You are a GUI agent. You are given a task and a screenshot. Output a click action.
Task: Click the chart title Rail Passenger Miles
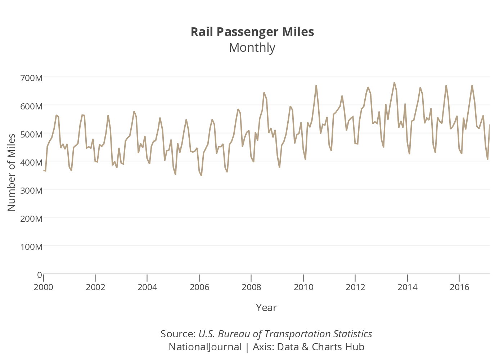252,32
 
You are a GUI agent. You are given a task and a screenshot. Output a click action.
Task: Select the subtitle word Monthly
252,48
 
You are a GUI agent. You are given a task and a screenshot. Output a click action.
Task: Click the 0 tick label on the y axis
40,275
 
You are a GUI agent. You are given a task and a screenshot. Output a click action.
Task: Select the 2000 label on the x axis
43,287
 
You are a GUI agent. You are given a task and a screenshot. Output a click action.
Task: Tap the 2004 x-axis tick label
147,287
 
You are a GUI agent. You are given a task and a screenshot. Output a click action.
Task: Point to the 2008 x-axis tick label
251,287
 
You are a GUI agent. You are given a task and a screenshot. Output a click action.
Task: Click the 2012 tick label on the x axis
355,287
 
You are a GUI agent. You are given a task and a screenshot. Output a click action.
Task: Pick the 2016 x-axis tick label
459,287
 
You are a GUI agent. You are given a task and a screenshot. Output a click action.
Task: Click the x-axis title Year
266,307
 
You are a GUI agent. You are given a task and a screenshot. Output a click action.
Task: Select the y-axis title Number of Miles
12,172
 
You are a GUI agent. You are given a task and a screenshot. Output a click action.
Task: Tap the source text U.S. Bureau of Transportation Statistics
285,334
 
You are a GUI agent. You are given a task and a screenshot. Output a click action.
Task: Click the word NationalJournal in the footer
205,347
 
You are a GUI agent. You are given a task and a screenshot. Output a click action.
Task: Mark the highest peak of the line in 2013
394,83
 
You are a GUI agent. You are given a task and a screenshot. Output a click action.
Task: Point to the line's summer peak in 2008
264,93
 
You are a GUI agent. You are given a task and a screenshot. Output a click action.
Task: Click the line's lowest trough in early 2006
201,175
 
